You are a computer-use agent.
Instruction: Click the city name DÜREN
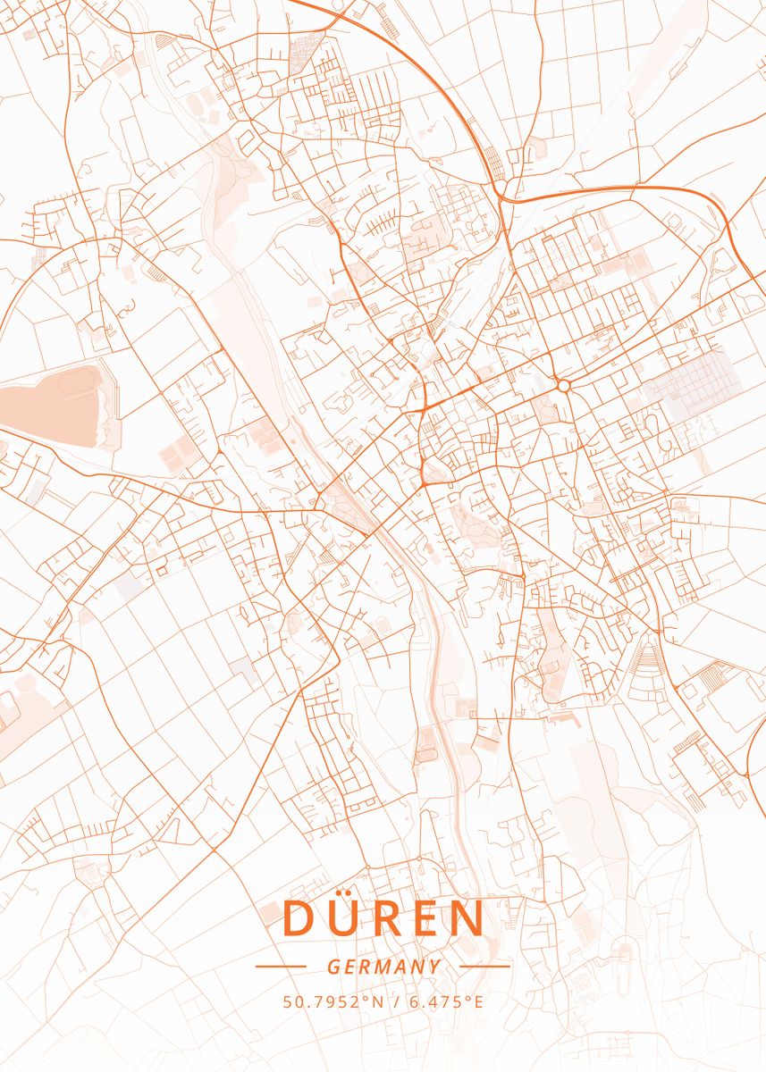click(x=383, y=917)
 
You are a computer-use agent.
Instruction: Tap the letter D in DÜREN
click(x=297, y=918)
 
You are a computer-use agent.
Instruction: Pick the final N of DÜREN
click(x=467, y=918)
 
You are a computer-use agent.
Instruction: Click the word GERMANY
click(x=383, y=967)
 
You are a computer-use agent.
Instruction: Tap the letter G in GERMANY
click(x=332, y=967)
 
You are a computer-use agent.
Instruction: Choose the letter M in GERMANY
click(x=385, y=967)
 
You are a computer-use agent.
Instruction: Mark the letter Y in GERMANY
click(x=435, y=967)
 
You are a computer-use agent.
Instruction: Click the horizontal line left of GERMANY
click(x=281, y=966)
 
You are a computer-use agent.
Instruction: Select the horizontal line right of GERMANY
click(x=484, y=966)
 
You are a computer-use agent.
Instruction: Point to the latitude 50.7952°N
click(x=333, y=1002)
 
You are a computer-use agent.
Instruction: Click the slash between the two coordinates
click(x=396, y=1002)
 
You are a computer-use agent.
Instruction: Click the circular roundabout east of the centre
click(x=563, y=385)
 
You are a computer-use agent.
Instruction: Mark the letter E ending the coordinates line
click(x=478, y=1002)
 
